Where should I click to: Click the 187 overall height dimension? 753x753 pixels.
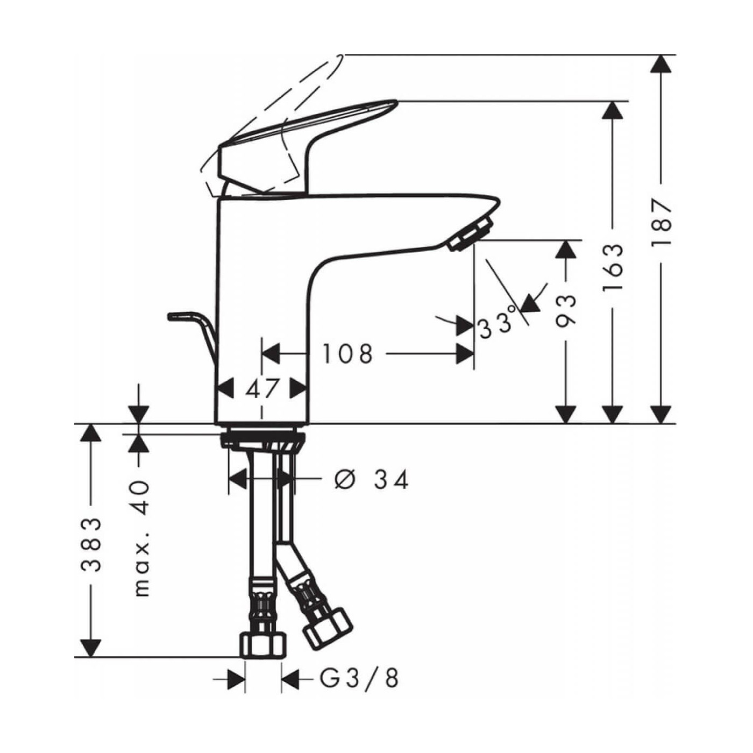point(662,222)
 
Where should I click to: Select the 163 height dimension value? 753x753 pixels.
point(613,267)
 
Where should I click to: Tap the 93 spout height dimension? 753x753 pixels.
point(566,310)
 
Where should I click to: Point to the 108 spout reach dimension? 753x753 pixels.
point(347,354)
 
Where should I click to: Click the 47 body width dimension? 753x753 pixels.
point(262,388)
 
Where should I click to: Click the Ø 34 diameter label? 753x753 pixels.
point(372,479)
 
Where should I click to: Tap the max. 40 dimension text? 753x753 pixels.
point(141,538)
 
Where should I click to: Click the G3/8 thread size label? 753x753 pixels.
point(359,679)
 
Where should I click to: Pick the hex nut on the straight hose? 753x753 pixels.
point(263,644)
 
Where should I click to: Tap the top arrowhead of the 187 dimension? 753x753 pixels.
point(661,63)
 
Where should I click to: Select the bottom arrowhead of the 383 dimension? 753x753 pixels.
point(91,648)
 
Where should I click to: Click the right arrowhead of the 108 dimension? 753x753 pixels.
point(465,354)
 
